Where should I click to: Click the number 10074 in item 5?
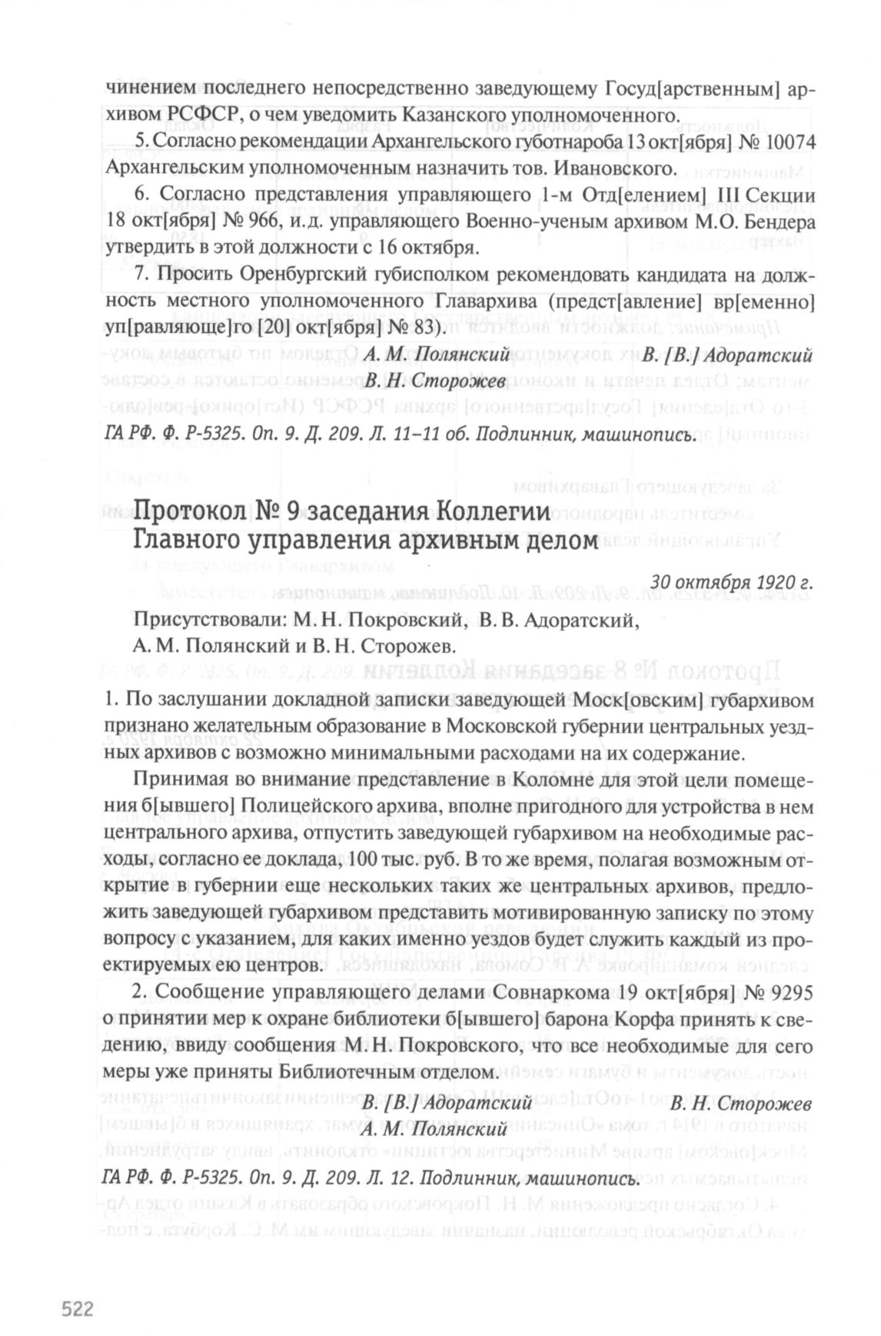[x=785, y=143]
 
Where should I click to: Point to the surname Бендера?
[x=776, y=223]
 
